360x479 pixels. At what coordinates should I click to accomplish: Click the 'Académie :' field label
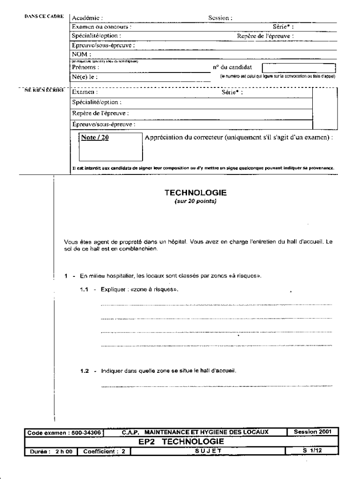(x=87, y=18)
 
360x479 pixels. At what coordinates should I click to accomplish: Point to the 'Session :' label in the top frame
(x=220, y=18)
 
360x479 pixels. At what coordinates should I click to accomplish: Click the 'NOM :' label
(x=81, y=55)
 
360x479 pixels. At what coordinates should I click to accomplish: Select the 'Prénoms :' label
(x=86, y=67)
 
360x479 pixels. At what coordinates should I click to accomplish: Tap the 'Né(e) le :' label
(x=85, y=77)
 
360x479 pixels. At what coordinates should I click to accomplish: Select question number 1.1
(x=84, y=290)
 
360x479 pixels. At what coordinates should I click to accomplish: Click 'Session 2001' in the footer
(x=312, y=432)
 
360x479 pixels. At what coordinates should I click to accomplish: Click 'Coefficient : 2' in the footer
(x=104, y=451)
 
